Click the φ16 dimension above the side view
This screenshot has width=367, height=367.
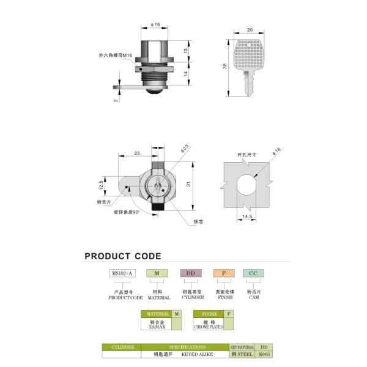click(x=155, y=25)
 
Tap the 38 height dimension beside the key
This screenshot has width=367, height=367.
click(x=225, y=66)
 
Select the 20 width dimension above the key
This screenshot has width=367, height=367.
click(x=251, y=29)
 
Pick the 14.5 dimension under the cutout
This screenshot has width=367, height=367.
click(x=247, y=217)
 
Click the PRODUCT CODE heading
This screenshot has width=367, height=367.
click(x=123, y=256)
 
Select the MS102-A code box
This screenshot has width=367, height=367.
click(x=122, y=273)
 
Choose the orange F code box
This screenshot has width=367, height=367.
click(x=223, y=273)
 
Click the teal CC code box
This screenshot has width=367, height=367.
click(x=253, y=273)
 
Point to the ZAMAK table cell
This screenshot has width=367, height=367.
click(x=157, y=324)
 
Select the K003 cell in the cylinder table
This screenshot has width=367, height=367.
click(x=264, y=354)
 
